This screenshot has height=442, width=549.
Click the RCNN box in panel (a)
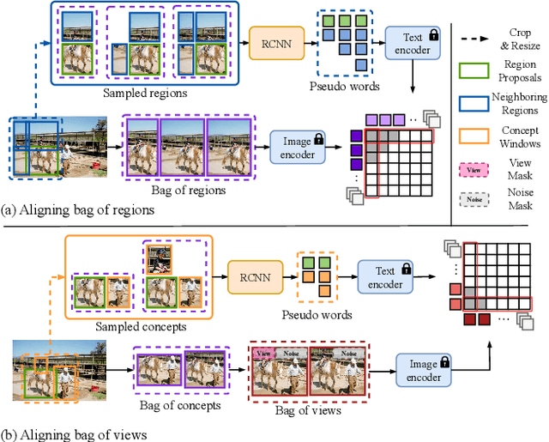275,42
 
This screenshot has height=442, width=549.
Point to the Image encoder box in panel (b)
424,371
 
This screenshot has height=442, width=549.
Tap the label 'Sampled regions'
136,93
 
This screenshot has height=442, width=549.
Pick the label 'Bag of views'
308,410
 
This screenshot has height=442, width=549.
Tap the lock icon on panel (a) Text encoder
432,34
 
